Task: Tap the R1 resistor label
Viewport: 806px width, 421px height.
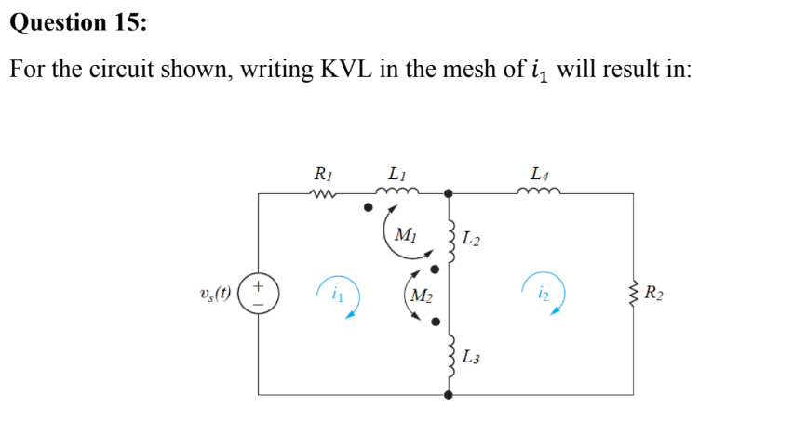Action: click(x=322, y=174)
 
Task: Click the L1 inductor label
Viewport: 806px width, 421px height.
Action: click(x=396, y=174)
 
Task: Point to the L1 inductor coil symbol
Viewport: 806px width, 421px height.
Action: click(x=399, y=192)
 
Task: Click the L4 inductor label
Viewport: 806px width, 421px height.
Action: click(x=539, y=174)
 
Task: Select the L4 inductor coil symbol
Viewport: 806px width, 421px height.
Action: click(x=539, y=192)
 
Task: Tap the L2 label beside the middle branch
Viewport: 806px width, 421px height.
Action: click(x=472, y=243)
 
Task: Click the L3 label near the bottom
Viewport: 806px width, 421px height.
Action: click(x=472, y=357)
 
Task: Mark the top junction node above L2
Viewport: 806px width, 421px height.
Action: click(x=449, y=193)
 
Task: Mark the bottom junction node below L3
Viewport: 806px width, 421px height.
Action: click(x=449, y=394)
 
